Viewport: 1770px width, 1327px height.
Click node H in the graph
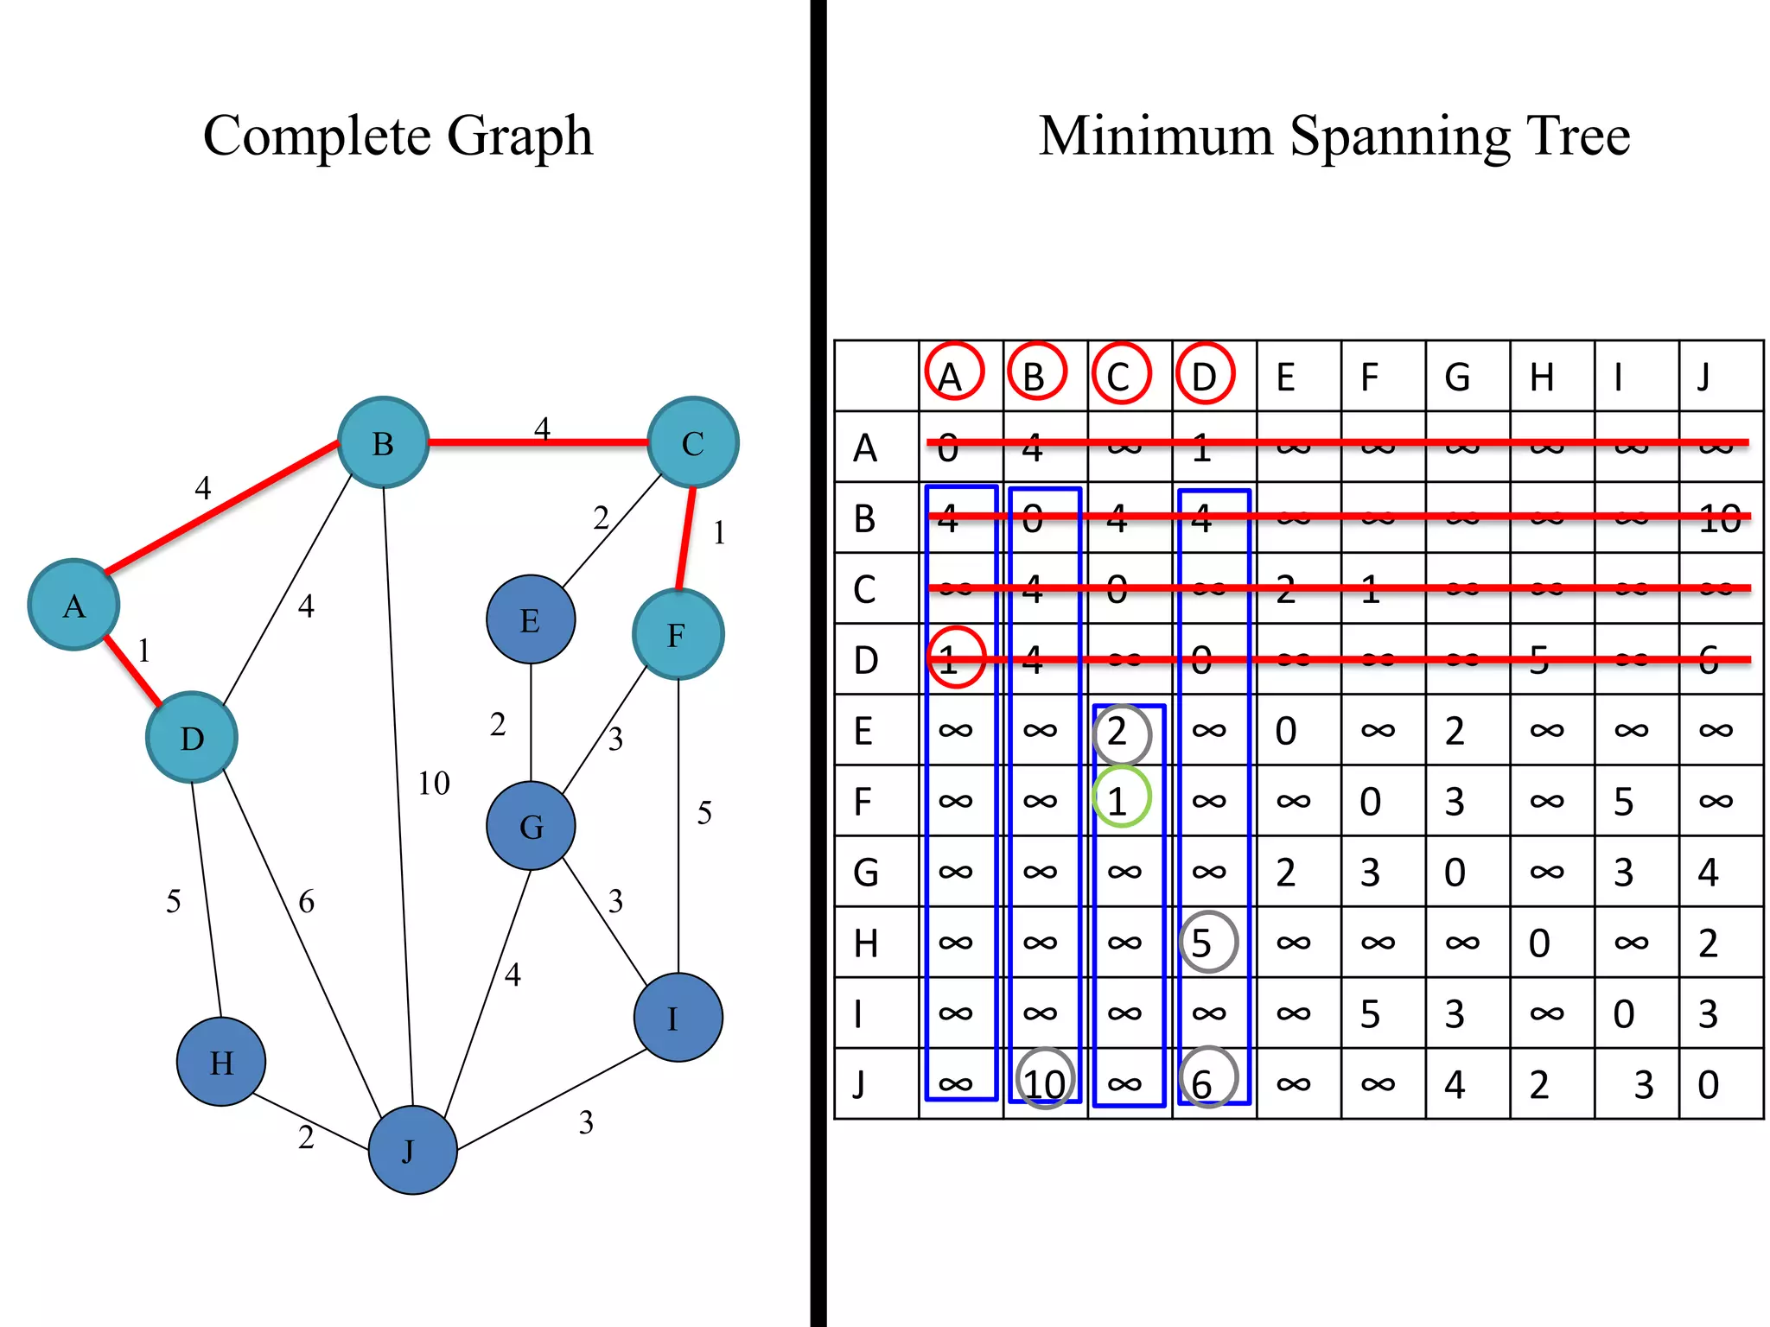[221, 1061]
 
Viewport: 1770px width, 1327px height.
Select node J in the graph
[412, 1150]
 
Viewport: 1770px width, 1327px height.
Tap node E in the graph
[531, 619]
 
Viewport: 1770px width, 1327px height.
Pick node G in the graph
[531, 826]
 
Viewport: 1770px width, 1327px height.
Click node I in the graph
[678, 1018]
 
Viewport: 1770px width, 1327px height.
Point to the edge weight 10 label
[434, 784]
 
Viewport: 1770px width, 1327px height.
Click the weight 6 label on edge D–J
[307, 902]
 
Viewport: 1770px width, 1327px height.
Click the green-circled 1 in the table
[1121, 799]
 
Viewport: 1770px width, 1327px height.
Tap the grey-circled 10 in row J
[1045, 1081]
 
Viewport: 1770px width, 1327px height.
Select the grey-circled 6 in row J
[1207, 1080]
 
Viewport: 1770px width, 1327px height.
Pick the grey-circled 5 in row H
[1207, 942]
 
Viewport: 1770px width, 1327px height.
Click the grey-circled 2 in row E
[1121, 733]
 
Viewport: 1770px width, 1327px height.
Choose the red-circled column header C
[1120, 374]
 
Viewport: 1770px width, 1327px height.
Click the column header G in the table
[1457, 378]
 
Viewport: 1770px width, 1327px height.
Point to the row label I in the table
[860, 1013]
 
